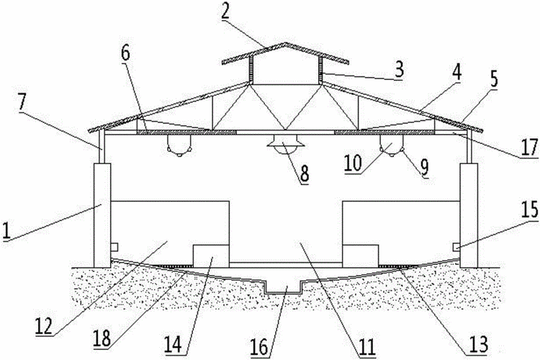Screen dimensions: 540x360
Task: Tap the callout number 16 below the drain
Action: tap(259, 346)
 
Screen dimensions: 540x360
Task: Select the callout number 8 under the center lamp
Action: tap(304, 173)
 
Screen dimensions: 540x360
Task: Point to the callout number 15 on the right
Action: tap(531, 210)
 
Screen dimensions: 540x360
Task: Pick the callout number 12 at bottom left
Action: tap(44, 325)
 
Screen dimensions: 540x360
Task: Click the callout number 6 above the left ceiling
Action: tap(125, 54)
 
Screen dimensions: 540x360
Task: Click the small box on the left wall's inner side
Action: tap(114, 247)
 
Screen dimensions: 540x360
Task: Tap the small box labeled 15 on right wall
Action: tap(456, 247)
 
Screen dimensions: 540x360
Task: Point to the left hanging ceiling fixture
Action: tap(179, 145)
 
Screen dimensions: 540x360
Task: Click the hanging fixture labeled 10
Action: tap(392, 145)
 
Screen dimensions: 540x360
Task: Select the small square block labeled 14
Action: tap(211, 256)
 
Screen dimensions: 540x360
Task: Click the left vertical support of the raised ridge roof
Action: tap(251, 70)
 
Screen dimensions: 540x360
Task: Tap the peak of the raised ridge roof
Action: tap(285, 42)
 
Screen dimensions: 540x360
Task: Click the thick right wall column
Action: tap(469, 216)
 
